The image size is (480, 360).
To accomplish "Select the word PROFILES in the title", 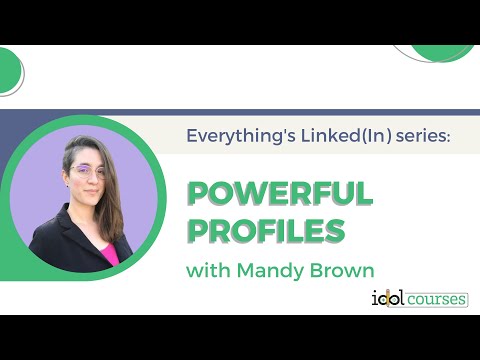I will coord(266,230).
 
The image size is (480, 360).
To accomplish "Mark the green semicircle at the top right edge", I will coord(435,52).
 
